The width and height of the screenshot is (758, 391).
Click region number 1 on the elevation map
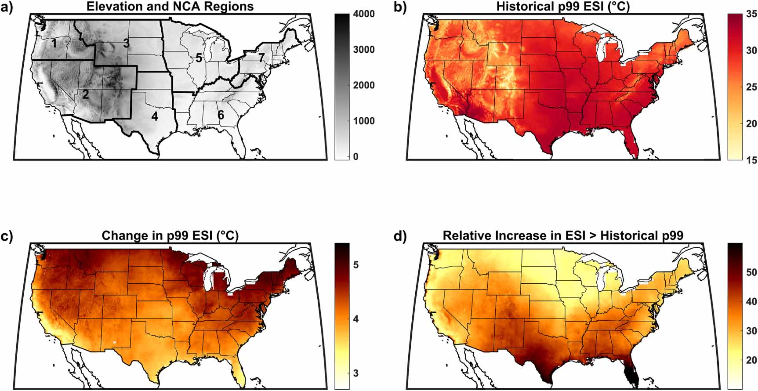pos(54,43)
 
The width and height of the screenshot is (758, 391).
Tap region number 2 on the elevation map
pos(86,94)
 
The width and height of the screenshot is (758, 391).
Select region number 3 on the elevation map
pos(127,43)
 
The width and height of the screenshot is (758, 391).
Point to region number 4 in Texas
pos(154,116)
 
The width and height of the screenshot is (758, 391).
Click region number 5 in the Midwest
pos(199,58)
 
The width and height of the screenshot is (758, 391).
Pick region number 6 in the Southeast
pos(221,115)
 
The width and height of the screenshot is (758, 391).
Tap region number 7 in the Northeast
pos(261,57)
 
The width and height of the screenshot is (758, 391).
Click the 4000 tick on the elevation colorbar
pos(364,14)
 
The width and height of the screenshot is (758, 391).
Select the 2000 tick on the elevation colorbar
pos(364,85)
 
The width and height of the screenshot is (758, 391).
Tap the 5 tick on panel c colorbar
pos(355,265)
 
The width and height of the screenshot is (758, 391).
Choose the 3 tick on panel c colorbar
pos(355,373)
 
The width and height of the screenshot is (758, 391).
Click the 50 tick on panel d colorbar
pos(751,272)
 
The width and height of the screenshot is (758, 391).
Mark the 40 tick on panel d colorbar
pos(751,301)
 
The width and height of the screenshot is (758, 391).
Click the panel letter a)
pos(7,7)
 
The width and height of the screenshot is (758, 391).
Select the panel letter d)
pos(400,236)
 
